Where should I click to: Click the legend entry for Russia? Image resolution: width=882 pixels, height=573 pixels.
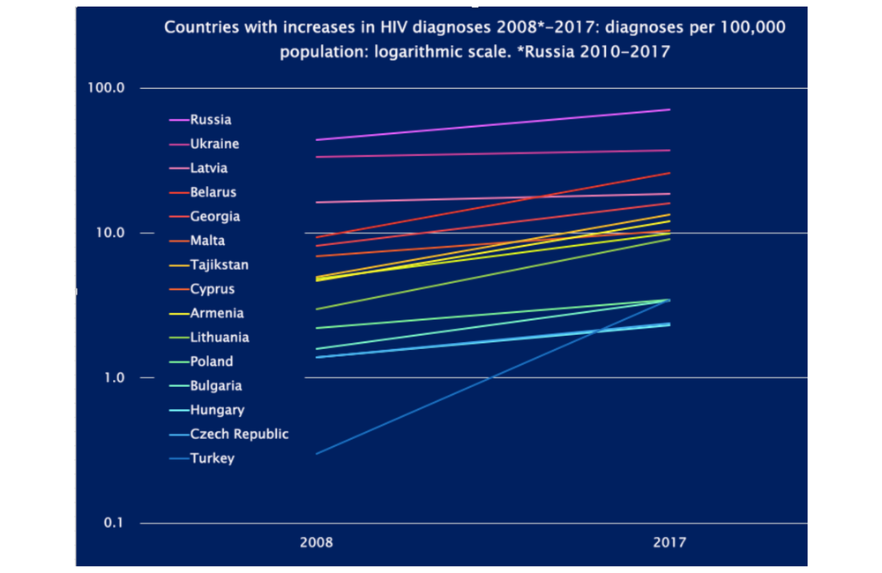[x=210, y=120]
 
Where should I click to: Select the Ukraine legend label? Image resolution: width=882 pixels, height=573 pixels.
[x=213, y=144]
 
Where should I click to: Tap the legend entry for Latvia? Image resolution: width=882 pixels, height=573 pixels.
[x=209, y=168]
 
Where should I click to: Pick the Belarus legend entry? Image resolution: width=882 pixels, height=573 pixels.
[x=213, y=192]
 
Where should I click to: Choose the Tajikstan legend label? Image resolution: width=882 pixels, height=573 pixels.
[x=219, y=264]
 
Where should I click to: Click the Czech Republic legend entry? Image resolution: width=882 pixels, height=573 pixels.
[x=238, y=434]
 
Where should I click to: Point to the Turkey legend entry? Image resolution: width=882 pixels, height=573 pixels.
[x=212, y=458]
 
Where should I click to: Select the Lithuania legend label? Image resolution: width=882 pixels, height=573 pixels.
[x=219, y=337]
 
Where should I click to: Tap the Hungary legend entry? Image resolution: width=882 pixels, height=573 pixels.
[x=217, y=410]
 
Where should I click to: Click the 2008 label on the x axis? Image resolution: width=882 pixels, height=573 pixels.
[x=316, y=543]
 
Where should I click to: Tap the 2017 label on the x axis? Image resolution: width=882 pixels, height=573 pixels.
[x=669, y=543]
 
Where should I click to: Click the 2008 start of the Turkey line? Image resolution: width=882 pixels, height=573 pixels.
[x=317, y=454]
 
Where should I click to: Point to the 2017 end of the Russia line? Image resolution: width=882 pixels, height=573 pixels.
[x=669, y=109]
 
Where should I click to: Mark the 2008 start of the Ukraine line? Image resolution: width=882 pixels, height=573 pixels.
[x=317, y=157]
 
